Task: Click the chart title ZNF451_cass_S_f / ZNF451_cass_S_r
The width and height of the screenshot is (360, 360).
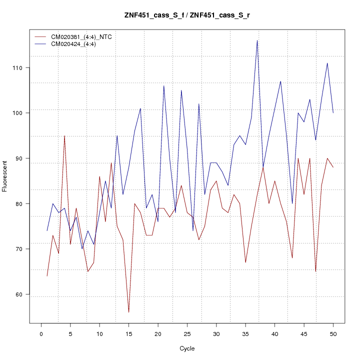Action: [x=187, y=15]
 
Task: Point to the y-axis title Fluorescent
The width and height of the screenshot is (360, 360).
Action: [x=5, y=176]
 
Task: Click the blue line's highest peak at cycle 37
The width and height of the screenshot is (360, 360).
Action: [x=257, y=40]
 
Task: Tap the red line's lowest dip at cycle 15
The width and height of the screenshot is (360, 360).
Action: [x=128, y=312]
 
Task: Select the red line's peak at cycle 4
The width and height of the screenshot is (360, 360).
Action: [x=64, y=135]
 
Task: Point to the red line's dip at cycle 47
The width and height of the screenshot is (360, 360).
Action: [x=315, y=271]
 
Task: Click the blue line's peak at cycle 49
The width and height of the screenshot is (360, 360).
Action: [x=327, y=63]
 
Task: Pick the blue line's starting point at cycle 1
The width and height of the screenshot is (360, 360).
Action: [x=47, y=231]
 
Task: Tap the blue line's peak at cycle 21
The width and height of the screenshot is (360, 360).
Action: [x=163, y=85]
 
